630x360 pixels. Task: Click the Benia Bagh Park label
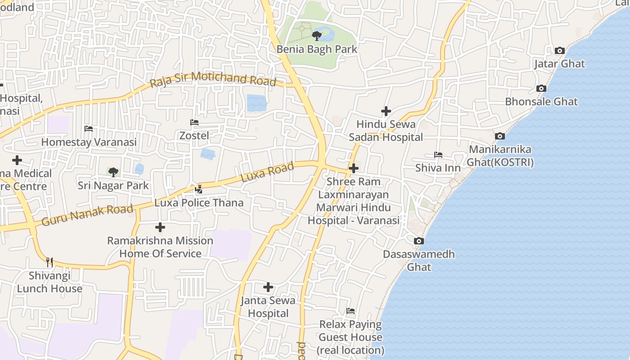click(x=317, y=49)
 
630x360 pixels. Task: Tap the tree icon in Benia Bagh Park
click(x=317, y=36)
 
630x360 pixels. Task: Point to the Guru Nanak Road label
click(x=87, y=215)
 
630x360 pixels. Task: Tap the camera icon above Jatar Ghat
click(x=560, y=50)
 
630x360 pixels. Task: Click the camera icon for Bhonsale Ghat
click(x=541, y=88)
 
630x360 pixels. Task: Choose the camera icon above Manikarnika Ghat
click(x=500, y=136)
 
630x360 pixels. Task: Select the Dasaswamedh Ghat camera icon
click(x=419, y=241)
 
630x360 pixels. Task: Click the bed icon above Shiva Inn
click(x=438, y=155)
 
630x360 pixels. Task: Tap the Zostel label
click(x=194, y=135)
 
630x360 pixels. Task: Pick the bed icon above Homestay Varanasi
click(x=89, y=129)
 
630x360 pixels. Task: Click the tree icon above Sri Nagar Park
click(x=113, y=171)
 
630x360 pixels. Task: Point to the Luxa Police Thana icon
click(x=199, y=189)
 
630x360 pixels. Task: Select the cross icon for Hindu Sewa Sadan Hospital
click(x=386, y=111)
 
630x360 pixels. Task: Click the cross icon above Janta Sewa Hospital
click(x=268, y=287)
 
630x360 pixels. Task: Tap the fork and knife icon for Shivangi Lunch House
click(x=49, y=262)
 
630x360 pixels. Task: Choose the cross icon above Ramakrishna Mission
click(x=160, y=227)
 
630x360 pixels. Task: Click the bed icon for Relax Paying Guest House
click(x=351, y=311)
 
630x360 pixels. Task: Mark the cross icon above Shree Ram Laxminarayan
click(x=354, y=168)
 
